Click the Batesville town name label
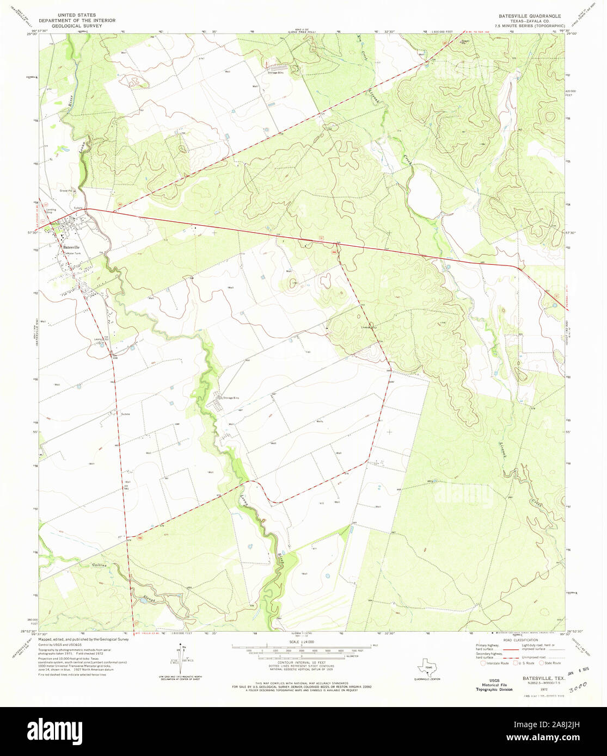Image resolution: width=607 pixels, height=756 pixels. pyautogui.click(x=71, y=247)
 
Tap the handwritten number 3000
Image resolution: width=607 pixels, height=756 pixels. pyautogui.click(x=578, y=688)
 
